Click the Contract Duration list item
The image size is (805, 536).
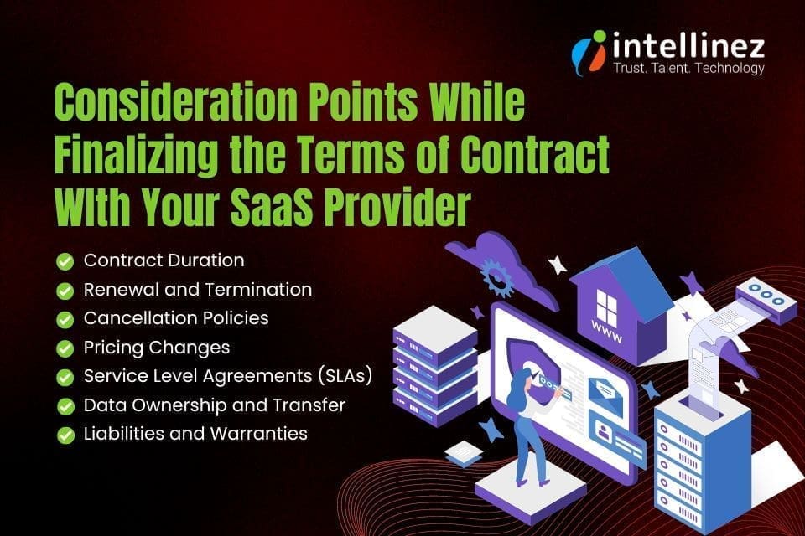(164, 260)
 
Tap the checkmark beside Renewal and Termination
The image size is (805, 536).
(65, 291)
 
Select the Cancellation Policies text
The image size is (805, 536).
(176, 318)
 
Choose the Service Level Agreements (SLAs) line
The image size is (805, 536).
(227, 376)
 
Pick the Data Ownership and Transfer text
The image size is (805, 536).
(214, 405)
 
